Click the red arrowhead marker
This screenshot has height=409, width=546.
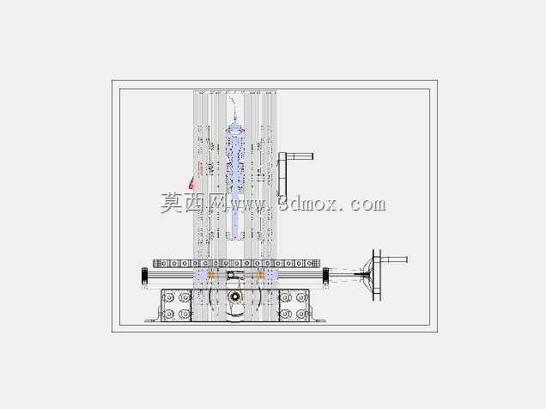tap(191, 183)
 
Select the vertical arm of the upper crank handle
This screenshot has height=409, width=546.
tap(282, 174)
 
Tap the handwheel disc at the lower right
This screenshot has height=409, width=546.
tap(377, 275)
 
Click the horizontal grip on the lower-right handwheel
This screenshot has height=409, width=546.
tap(394, 259)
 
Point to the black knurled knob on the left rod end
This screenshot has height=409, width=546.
tap(145, 276)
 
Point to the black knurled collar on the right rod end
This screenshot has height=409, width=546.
tap(326, 276)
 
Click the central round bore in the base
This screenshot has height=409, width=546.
tap(235, 296)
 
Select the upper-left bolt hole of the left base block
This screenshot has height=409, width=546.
tap(169, 298)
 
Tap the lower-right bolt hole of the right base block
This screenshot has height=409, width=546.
tap(301, 314)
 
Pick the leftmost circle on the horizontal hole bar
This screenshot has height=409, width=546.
tap(163, 264)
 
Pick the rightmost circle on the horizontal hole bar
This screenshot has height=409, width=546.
tap(309, 264)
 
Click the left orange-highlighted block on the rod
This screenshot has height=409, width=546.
tap(211, 275)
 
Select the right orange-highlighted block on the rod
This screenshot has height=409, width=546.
tap(258, 275)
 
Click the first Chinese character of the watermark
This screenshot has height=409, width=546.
tap(172, 203)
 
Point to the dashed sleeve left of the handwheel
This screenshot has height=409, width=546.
tap(345, 275)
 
